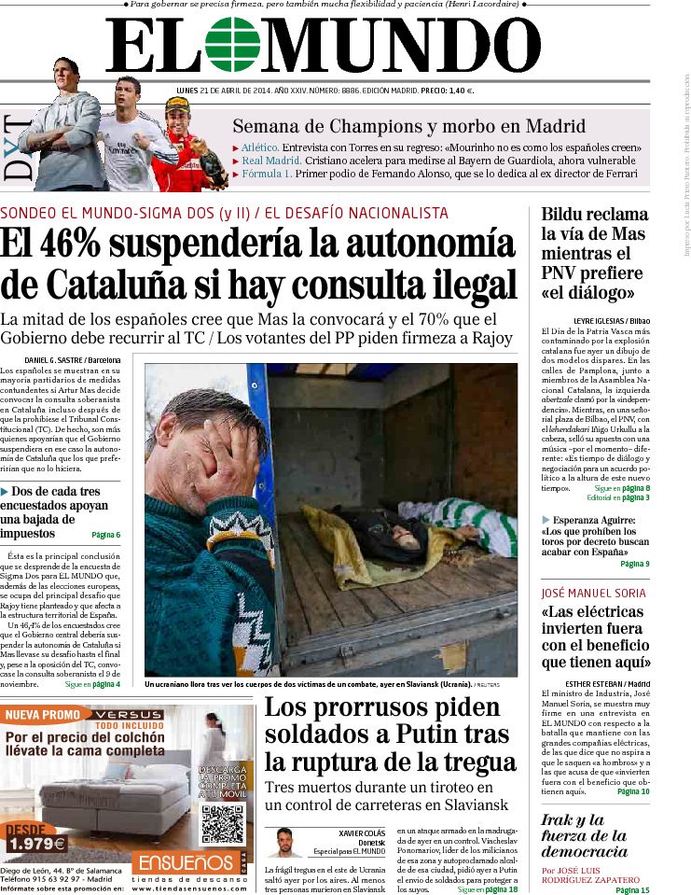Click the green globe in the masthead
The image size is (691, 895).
pyautogui.click(x=232, y=45)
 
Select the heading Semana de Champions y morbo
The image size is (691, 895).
pyautogui.click(x=408, y=126)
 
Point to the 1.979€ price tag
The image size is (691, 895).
pyautogui.click(x=35, y=844)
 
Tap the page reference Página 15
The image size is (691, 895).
pyautogui.click(x=632, y=890)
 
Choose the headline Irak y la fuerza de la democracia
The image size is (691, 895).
pyautogui.click(x=584, y=835)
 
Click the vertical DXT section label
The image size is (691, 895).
pyautogui.click(x=19, y=148)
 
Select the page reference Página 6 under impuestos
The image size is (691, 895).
pyautogui.click(x=105, y=535)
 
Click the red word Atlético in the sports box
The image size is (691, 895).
pyautogui.click(x=259, y=147)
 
